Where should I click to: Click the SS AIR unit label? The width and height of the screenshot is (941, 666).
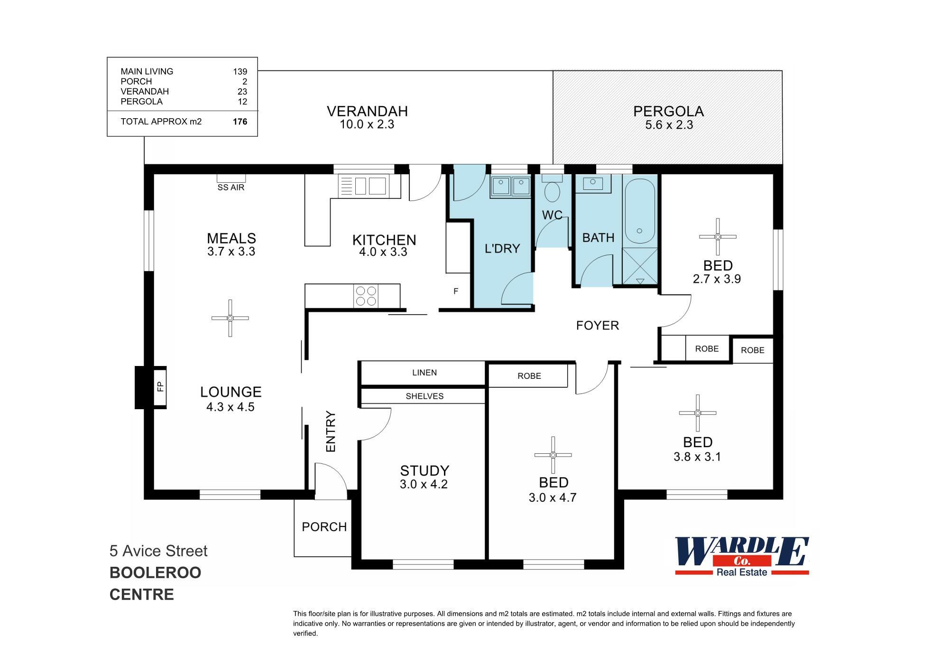coord(231,188)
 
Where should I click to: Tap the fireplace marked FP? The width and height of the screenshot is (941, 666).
coord(160,387)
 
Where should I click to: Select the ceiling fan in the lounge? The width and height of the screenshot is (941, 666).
coord(230,318)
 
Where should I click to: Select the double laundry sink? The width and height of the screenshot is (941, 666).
coord(510,187)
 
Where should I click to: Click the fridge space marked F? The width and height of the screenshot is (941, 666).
coord(456,291)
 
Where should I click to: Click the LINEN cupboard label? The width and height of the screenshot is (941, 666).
coord(424,373)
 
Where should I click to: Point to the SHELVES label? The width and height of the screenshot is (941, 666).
coord(424,396)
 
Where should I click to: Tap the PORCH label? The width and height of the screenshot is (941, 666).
coord(324,527)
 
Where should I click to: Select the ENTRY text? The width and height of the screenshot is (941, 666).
coord(331,431)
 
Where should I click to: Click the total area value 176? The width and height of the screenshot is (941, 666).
coord(240,122)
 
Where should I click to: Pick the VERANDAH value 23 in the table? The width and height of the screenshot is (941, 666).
coord(242,92)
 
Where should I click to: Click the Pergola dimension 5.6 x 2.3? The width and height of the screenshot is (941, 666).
coord(669,125)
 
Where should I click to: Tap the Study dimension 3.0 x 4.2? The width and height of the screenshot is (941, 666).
coord(424,484)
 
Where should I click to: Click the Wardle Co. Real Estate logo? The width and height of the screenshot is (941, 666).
coord(742,555)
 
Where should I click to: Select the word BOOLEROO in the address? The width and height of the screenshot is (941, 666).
coord(155,572)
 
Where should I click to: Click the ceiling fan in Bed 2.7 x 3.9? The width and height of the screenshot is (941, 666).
coord(718,236)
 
